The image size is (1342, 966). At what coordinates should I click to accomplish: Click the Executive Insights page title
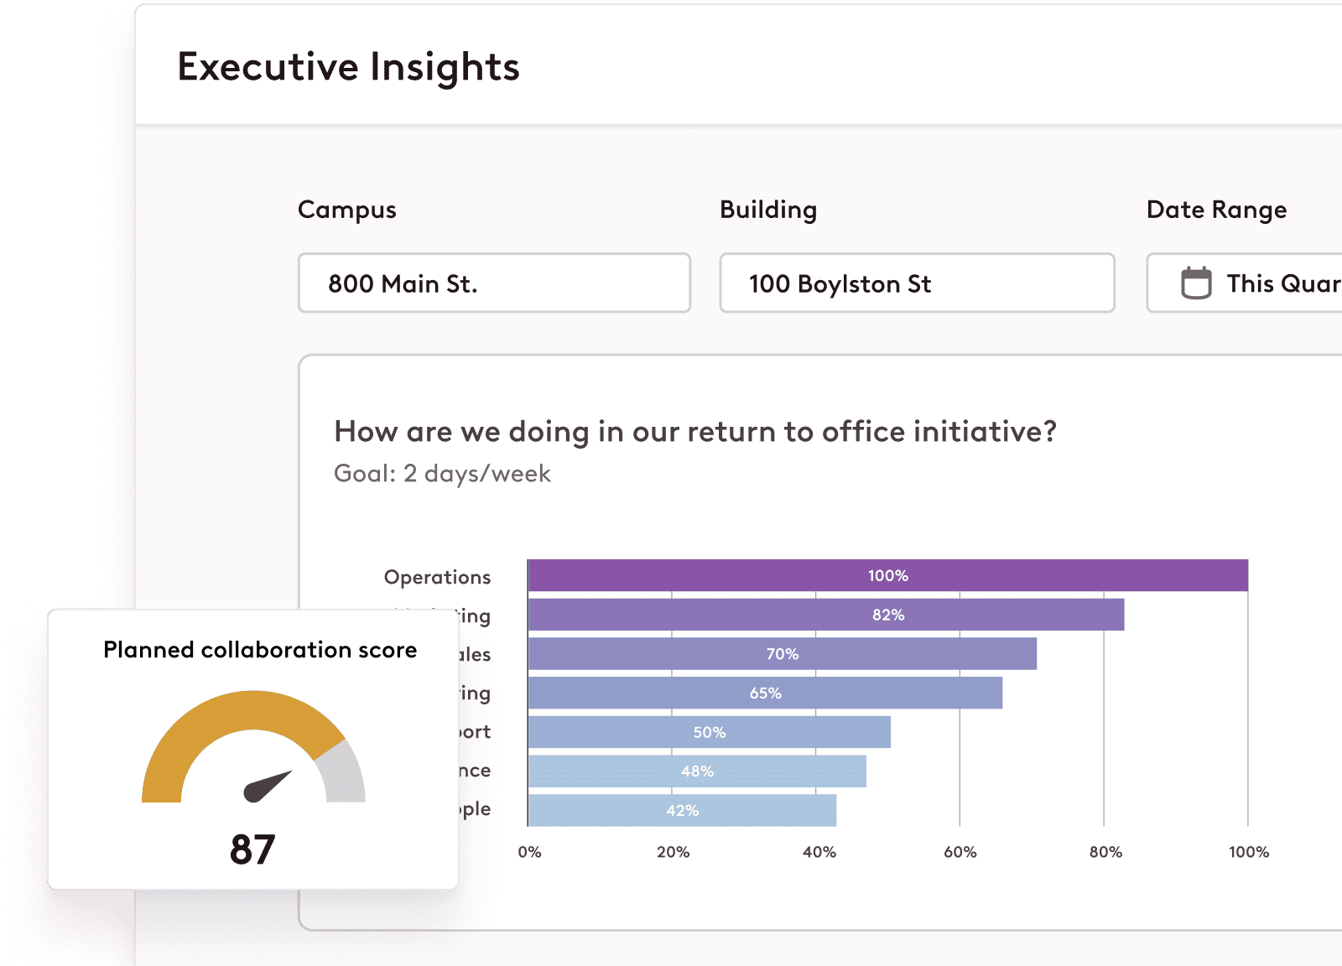(348, 67)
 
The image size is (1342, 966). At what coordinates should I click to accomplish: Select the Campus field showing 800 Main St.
(494, 283)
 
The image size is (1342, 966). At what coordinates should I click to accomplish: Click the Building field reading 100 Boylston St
(916, 283)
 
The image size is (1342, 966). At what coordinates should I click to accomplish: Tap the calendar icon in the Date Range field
(1196, 283)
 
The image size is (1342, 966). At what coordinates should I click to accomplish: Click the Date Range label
(1216, 210)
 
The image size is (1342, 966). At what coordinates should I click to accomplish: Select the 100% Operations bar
(887, 576)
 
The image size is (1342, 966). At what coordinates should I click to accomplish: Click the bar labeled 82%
(826, 615)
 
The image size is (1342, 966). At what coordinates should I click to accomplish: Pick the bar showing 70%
(782, 654)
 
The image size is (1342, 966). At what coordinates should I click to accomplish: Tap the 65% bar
(765, 693)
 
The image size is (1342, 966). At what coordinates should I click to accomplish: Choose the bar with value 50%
(709, 732)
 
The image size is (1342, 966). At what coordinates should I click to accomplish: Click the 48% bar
(697, 771)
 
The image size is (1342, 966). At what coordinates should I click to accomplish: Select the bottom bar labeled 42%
(682, 811)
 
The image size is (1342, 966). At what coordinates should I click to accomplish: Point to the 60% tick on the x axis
(960, 852)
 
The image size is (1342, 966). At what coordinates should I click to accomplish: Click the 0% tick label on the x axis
(529, 852)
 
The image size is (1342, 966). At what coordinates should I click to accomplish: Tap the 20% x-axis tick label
(673, 852)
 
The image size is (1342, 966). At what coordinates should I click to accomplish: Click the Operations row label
(437, 577)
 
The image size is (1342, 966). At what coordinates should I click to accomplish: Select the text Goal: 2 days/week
(442, 474)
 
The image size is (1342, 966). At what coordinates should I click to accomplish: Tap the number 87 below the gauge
(252, 849)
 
